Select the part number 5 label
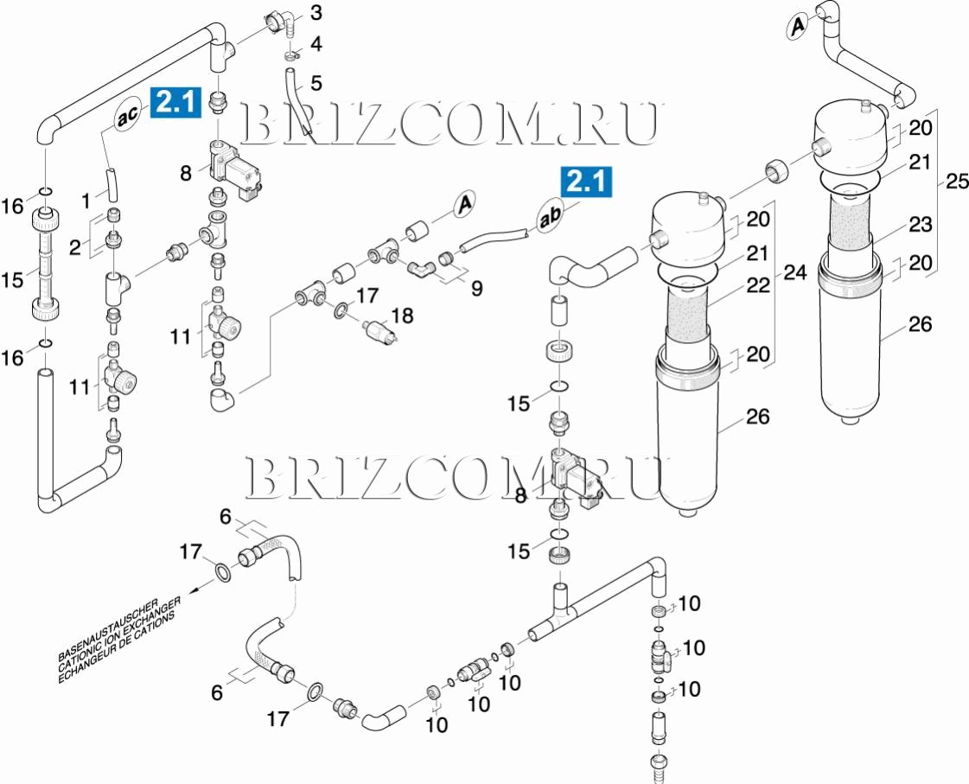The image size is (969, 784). point(316,83)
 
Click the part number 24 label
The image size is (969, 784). point(794,274)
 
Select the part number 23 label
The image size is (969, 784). point(921,225)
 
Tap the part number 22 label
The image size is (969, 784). point(758,285)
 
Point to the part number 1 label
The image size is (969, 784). point(86,201)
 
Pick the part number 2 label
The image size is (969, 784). point(76,247)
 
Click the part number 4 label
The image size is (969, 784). point(316,43)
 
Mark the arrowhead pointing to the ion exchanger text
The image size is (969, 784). point(196,591)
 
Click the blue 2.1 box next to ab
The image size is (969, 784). point(586,182)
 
